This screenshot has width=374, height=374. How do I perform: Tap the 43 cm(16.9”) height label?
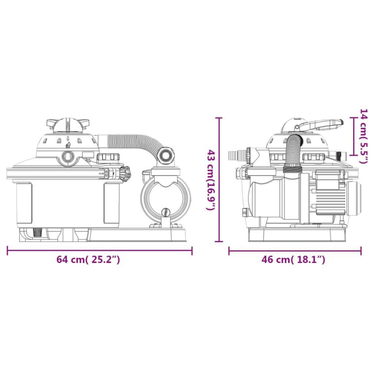(x=210, y=180)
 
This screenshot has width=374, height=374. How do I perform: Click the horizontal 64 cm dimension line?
(x=99, y=251)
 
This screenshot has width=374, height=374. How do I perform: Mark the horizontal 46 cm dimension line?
(x=295, y=251)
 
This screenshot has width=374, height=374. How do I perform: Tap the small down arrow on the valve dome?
(x=68, y=139)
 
